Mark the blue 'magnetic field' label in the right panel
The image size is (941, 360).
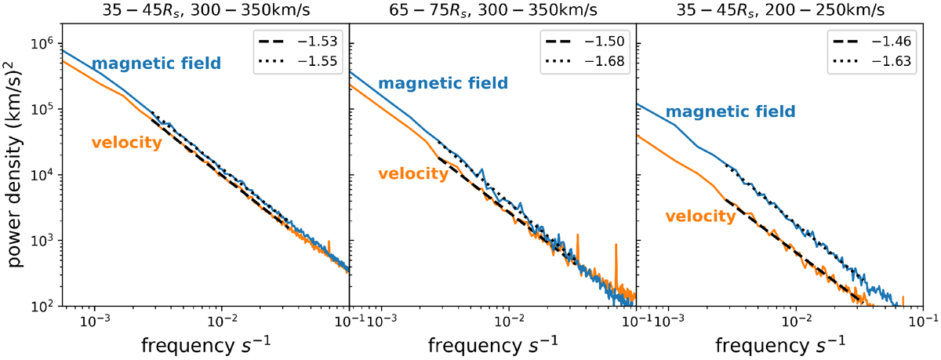[x=730, y=112]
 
